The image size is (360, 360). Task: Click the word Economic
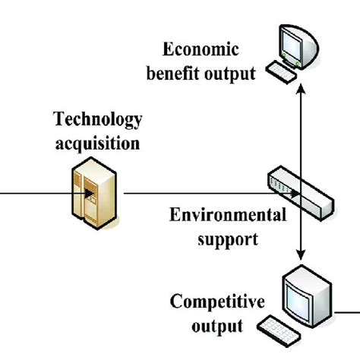(x=201, y=52)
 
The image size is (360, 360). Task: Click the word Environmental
(x=228, y=215)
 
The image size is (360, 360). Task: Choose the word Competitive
(x=218, y=303)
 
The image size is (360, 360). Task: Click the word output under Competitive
(x=218, y=327)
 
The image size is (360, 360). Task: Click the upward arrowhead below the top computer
(x=302, y=88)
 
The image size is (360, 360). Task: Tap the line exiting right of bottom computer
(x=346, y=311)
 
